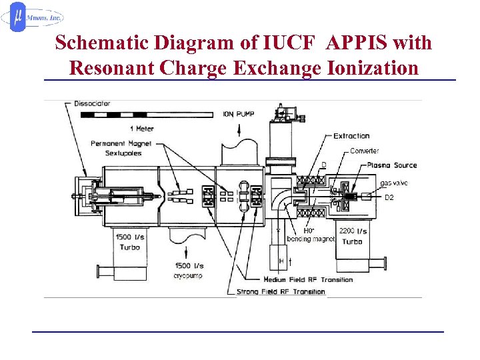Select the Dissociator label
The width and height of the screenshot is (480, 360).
[x=93, y=104]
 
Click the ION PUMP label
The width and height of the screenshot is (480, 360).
[x=238, y=114]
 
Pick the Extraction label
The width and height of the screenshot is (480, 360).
[x=351, y=136]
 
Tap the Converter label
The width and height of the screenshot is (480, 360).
[x=365, y=151]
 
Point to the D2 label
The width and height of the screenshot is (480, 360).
[x=389, y=197]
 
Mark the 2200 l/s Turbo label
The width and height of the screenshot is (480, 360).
[x=352, y=236]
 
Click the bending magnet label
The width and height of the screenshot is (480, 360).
[x=310, y=239]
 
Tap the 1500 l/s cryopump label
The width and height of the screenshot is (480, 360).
[x=189, y=270]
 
